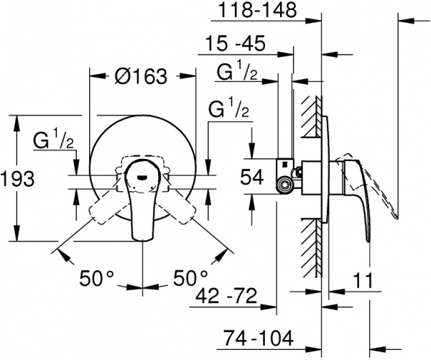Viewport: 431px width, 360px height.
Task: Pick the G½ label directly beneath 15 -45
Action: pyautogui.click(x=237, y=72)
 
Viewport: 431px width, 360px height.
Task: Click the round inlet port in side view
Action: pyautogui.click(x=286, y=186)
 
